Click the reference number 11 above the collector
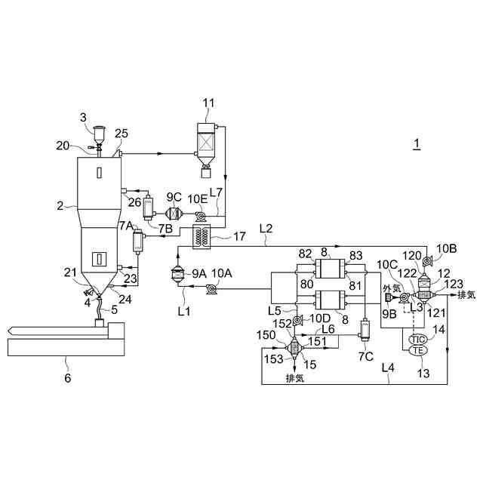(208, 102)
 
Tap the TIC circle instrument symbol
(417, 340)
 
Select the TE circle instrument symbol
(417, 351)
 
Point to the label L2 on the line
(266, 227)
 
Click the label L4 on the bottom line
(387, 368)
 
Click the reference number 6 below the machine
(67, 378)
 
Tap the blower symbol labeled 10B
(426, 261)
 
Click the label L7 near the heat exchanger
(217, 194)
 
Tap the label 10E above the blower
(198, 197)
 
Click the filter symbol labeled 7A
(137, 241)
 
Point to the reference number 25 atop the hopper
(121, 134)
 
